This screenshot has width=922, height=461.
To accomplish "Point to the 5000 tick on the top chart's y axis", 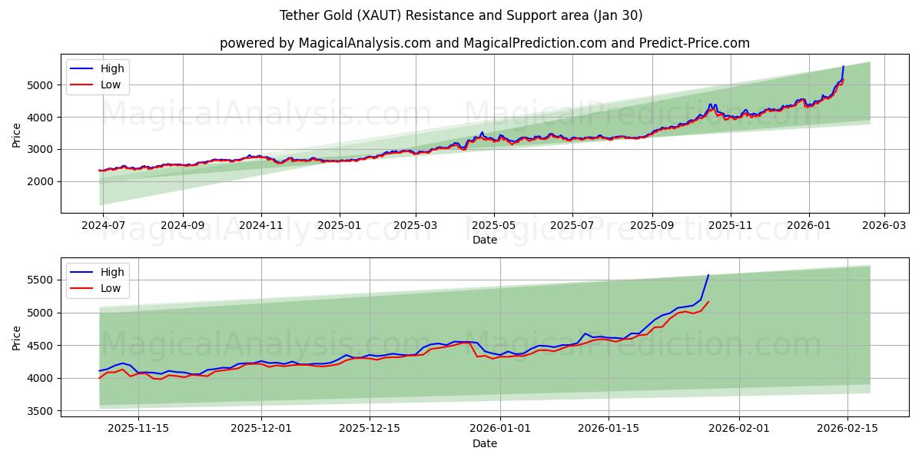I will (40, 85).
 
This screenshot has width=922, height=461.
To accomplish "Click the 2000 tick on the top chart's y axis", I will (40, 181).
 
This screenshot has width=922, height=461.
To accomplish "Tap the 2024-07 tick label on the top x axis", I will (103, 225).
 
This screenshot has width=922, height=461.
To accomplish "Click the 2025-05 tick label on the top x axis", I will (493, 225).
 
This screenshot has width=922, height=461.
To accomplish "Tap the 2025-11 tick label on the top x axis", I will (730, 225).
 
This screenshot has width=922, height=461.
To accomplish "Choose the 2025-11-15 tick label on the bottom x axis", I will (138, 429).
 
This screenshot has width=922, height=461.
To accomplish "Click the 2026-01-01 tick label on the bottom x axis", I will (500, 429).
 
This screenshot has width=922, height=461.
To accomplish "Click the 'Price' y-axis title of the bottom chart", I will (17, 337).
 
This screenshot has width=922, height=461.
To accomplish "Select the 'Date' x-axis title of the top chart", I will (484, 240).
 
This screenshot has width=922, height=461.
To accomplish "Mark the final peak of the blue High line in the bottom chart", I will (708, 275).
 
